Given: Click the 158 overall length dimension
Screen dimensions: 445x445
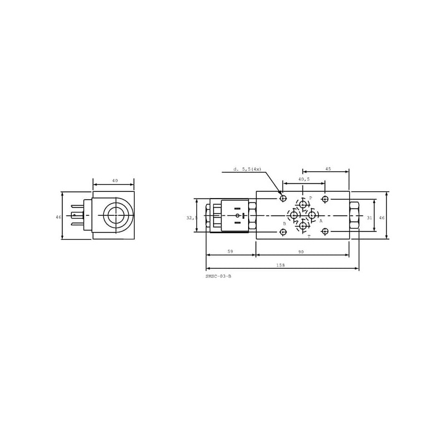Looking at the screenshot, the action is point(280,265).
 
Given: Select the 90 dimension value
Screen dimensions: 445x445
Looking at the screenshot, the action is point(301,252).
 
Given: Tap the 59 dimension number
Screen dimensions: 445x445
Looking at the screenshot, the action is point(230,251).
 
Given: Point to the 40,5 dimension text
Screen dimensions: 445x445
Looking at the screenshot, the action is point(304,179).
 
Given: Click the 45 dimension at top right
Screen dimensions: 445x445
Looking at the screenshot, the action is point(328,169).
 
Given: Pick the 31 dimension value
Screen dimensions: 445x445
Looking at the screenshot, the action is point(369,218).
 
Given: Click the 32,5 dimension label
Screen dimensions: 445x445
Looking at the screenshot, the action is point(192,218).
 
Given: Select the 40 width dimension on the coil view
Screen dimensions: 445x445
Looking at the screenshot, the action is point(115,180).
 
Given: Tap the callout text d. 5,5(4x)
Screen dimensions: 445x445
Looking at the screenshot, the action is point(247,169).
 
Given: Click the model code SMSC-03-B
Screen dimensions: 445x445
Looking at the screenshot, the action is point(218,276).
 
